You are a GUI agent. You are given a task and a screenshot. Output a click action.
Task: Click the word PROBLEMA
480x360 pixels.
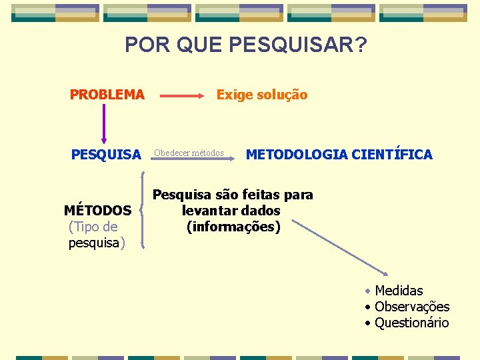[107, 95]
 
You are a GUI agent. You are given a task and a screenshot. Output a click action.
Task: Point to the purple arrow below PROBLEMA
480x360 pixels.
[104, 125]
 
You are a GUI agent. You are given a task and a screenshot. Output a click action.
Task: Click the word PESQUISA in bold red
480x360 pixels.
[107, 155]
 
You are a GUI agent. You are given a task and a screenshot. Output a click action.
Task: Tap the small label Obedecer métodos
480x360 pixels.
[189, 153]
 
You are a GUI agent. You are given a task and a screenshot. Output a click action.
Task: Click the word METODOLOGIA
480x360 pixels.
[297, 155]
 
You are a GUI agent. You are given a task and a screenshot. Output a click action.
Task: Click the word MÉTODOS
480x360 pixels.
[97, 211]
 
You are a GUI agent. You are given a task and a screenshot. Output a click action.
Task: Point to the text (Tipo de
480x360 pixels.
[93, 227]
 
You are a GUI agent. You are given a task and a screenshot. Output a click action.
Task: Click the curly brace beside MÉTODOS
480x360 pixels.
[142, 210]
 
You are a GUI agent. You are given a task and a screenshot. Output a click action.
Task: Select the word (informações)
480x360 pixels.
[233, 227]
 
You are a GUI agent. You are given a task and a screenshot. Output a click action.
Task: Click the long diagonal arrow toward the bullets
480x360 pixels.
[340, 247]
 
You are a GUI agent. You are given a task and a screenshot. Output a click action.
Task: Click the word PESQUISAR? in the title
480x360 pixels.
[297, 45]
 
